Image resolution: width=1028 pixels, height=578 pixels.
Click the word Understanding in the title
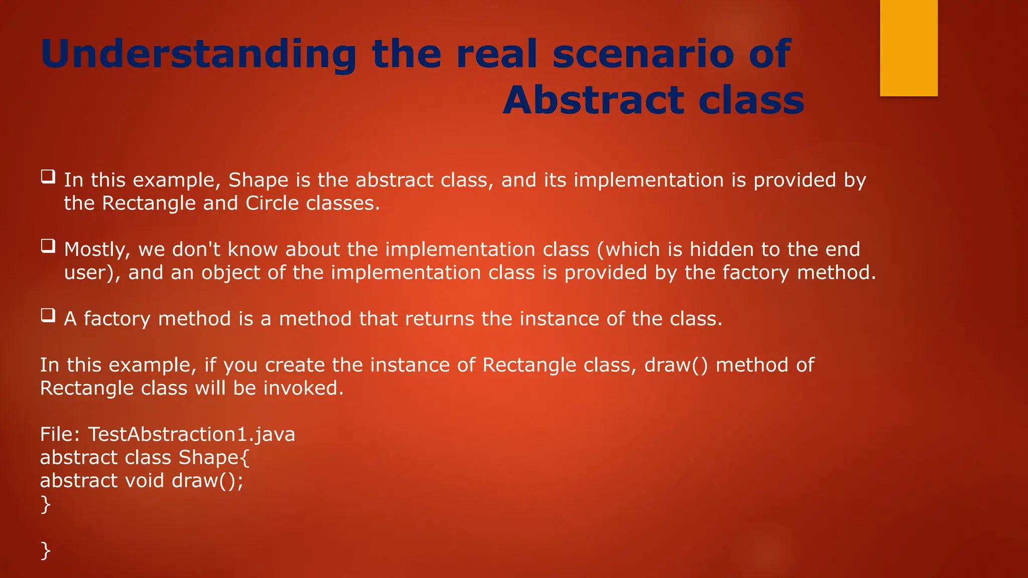(x=199, y=54)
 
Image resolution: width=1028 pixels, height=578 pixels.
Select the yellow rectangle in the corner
(x=909, y=48)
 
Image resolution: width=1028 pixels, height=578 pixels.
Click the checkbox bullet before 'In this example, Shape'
(x=48, y=177)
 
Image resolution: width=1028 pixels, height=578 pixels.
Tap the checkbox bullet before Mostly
(x=48, y=246)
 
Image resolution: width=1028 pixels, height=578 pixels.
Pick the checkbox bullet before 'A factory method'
(x=48, y=315)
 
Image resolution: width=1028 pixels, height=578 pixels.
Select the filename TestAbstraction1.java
(x=191, y=434)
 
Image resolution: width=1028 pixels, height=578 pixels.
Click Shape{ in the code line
(x=214, y=457)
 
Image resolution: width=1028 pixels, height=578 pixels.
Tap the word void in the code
(x=145, y=480)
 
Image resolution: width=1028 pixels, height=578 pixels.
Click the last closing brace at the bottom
(x=45, y=550)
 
